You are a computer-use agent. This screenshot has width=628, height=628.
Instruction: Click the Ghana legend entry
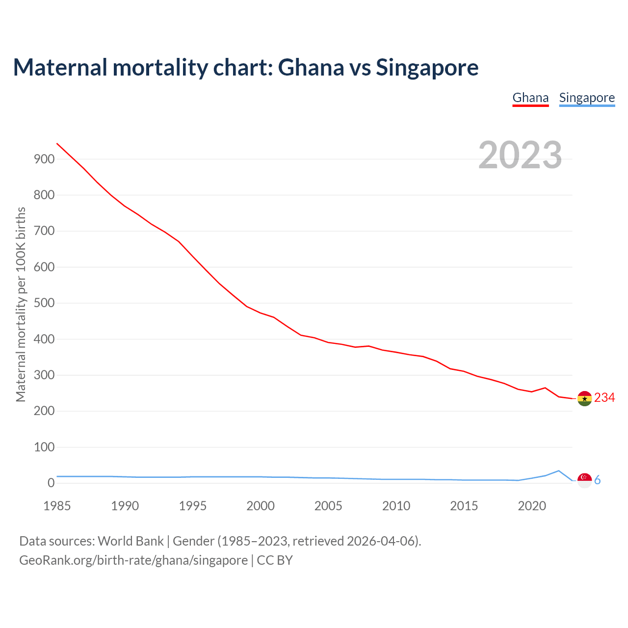(x=530, y=98)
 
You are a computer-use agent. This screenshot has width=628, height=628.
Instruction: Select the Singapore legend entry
(x=587, y=98)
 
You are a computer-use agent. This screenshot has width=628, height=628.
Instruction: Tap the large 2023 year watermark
(x=520, y=155)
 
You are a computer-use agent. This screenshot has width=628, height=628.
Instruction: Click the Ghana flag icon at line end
(x=584, y=398)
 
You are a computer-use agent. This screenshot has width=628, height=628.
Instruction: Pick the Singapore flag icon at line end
(x=584, y=480)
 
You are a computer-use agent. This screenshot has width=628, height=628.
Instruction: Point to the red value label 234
(x=604, y=398)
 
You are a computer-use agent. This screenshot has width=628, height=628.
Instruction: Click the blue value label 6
(x=598, y=480)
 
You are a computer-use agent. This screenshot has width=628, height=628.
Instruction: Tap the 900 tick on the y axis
(x=44, y=159)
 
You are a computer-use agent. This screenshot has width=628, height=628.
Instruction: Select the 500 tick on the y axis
(x=44, y=303)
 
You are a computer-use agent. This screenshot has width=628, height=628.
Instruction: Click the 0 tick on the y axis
(x=51, y=483)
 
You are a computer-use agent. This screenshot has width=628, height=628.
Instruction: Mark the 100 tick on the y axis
(x=44, y=447)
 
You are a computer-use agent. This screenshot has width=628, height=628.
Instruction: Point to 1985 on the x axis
(x=57, y=506)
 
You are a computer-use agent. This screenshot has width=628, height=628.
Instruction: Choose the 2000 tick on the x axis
(x=261, y=506)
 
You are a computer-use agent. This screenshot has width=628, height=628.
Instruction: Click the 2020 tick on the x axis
(x=532, y=506)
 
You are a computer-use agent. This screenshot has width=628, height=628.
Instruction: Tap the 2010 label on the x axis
(x=396, y=506)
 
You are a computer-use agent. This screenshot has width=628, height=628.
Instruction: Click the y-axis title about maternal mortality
(x=21, y=304)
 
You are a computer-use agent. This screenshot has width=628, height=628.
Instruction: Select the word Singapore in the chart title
(x=427, y=67)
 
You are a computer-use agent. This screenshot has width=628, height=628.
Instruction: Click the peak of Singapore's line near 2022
(x=558, y=471)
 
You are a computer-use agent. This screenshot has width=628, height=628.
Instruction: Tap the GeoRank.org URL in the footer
(x=133, y=560)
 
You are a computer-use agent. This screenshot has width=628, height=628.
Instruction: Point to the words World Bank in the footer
(x=131, y=541)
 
